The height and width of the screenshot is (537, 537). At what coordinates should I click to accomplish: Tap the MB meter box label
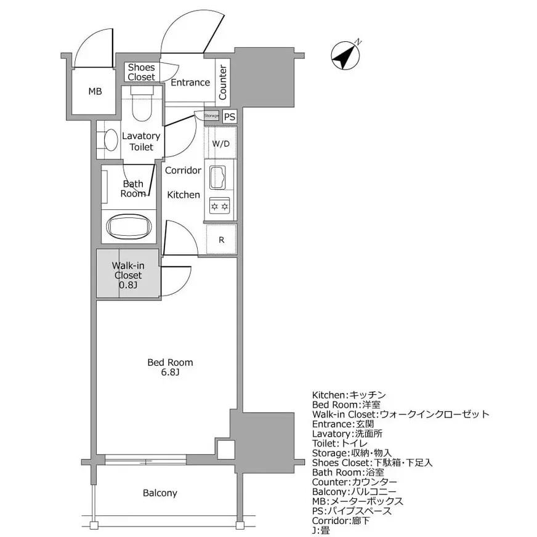point(94,92)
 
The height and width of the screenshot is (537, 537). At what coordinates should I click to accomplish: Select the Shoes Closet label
point(142,73)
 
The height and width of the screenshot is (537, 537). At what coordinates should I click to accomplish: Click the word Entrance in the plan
point(190,83)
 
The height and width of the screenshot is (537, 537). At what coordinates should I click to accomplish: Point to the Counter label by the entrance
point(223,83)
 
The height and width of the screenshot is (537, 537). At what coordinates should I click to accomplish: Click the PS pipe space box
point(229,116)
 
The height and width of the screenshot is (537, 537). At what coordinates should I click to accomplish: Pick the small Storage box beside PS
point(211,115)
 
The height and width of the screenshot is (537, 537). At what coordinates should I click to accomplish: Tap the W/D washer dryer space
point(220,144)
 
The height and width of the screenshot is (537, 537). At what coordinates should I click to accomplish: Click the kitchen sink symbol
point(219,177)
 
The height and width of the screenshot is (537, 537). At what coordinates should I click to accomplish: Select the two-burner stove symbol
point(219,205)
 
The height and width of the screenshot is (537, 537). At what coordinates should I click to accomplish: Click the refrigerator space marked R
point(221,240)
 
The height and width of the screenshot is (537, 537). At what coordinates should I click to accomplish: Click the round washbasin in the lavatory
point(110,140)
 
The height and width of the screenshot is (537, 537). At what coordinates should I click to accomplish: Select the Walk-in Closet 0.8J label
point(127,275)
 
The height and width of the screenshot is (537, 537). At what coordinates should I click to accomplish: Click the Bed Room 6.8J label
point(170,368)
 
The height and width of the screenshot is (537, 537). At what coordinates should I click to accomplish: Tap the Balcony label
point(160,493)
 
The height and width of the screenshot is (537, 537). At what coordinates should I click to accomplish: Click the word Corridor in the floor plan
point(183,170)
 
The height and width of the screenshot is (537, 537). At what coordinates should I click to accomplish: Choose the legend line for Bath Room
point(348,472)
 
